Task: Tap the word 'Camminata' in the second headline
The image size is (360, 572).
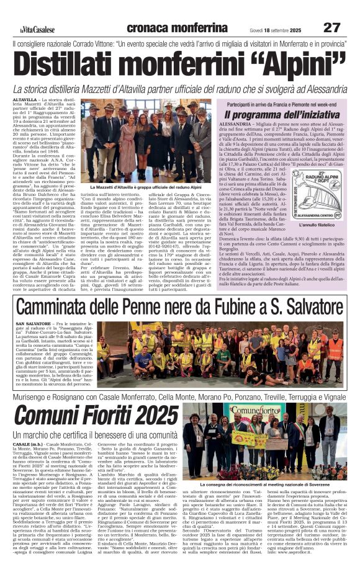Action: coord(65,308)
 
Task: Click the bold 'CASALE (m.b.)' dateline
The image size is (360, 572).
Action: coord(28,445)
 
